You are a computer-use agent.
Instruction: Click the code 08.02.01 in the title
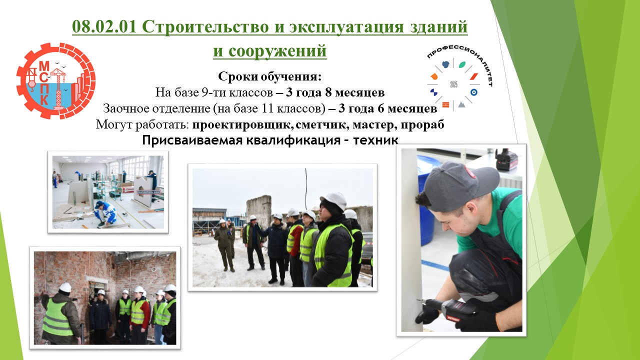pyautogui.click(x=104, y=26)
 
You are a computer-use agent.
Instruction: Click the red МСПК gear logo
pyautogui.click(x=56, y=81)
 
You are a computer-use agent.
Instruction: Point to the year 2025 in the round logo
pyautogui.click(x=453, y=84)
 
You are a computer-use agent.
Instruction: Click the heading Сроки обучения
pyautogui.click(x=269, y=76)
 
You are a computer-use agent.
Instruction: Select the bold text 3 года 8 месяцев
pyautogui.click(x=335, y=92)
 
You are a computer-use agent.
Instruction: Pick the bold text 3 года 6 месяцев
pyautogui.click(x=387, y=108)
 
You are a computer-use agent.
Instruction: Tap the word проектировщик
pyautogui.click(x=242, y=125)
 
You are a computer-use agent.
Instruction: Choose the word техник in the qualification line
pyautogui.click(x=375, y=140)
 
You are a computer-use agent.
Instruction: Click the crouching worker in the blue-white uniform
pyautogui.click(x=105, y=213)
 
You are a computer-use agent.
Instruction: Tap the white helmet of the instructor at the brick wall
pyautogui.click(x=65, y=287)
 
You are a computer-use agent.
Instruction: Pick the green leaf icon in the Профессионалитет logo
pyautogui.click(x=462, y=65)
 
